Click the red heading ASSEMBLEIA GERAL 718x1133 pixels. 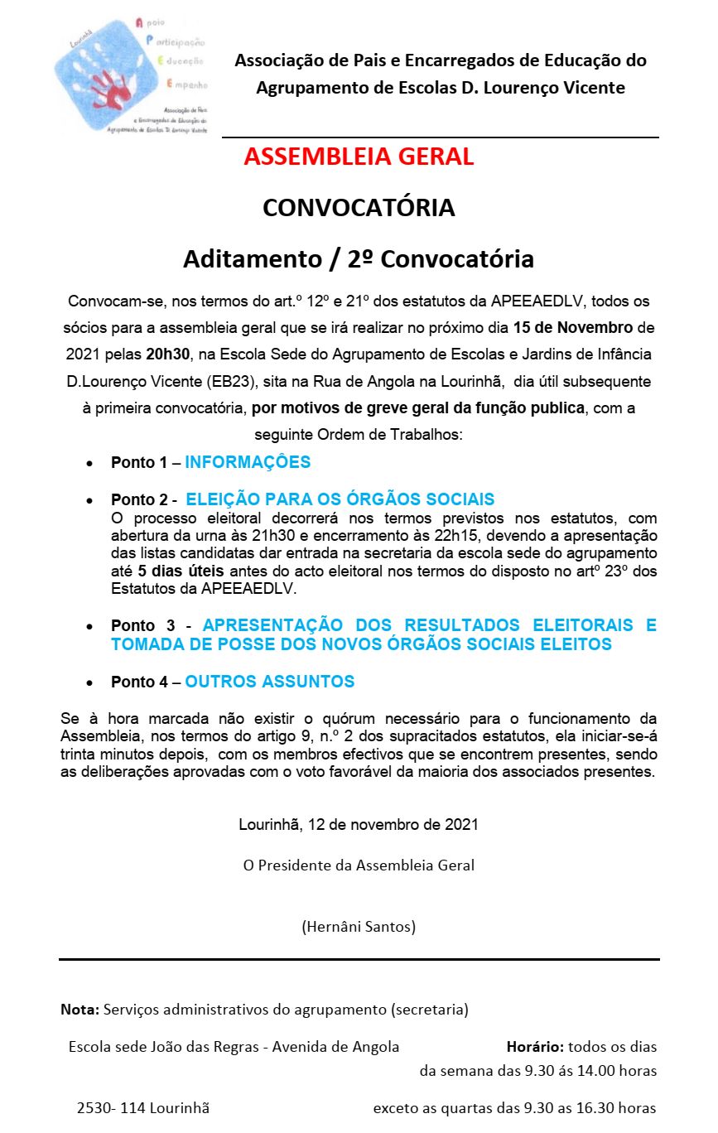coord(359,157)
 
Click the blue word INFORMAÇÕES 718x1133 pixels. coord(248,462)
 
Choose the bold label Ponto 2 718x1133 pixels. coord(139,500)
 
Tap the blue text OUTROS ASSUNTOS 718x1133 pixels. coord(269,682)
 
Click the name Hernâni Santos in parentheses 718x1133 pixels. coord(359,926)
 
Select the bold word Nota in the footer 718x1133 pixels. coord(80,1010)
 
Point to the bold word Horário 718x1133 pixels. coord(535,1047)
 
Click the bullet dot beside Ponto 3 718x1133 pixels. coord(89,627)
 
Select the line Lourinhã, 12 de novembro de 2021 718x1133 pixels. coord(359,825)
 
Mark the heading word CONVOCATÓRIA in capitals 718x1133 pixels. coord(359,208)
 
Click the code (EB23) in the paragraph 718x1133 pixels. coord(233,383)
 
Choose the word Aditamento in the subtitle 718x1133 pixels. coord(248,259)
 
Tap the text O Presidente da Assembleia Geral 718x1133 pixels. coord(359,865)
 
